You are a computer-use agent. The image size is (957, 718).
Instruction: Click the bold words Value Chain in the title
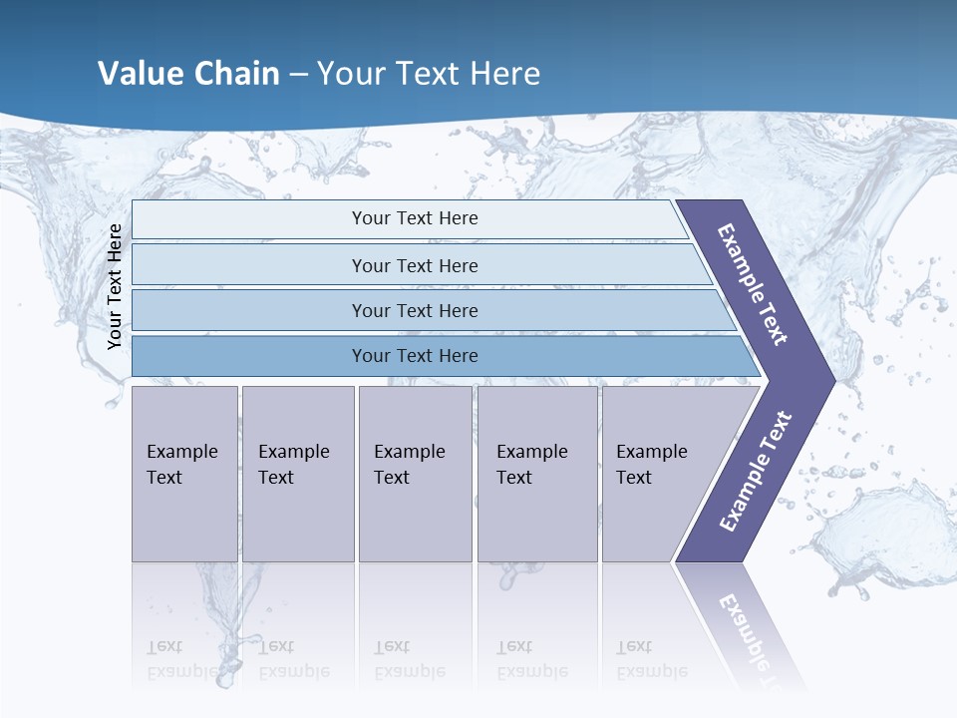(x=188, y=74)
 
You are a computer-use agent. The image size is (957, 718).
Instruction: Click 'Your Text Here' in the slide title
(x=429, y=74)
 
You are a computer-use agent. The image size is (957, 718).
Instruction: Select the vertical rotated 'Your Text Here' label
(x=115, y=286)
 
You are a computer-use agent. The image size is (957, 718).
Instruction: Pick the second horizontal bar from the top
(x=414, y=265)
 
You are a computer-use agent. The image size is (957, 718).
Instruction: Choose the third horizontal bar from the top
(x=414, y=310)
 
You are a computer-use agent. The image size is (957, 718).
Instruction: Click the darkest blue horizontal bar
(x=414, y=356)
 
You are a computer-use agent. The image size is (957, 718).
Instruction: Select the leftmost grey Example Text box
(x=184, y=474)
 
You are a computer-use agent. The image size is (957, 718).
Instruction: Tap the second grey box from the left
(x=297, y=474)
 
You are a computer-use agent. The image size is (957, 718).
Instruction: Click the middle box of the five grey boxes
(x=415, y=474)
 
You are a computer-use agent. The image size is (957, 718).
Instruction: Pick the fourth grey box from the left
(x=537, y=474)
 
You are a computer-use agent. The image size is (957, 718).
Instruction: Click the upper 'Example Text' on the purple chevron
(x=753, y=284)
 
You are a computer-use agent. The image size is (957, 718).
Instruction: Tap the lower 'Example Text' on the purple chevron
(x=756, y=471)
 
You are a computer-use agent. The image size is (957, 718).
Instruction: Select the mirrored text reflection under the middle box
(x=410, y=659)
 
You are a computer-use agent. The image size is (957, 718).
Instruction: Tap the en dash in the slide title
(x=298, y=75)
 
